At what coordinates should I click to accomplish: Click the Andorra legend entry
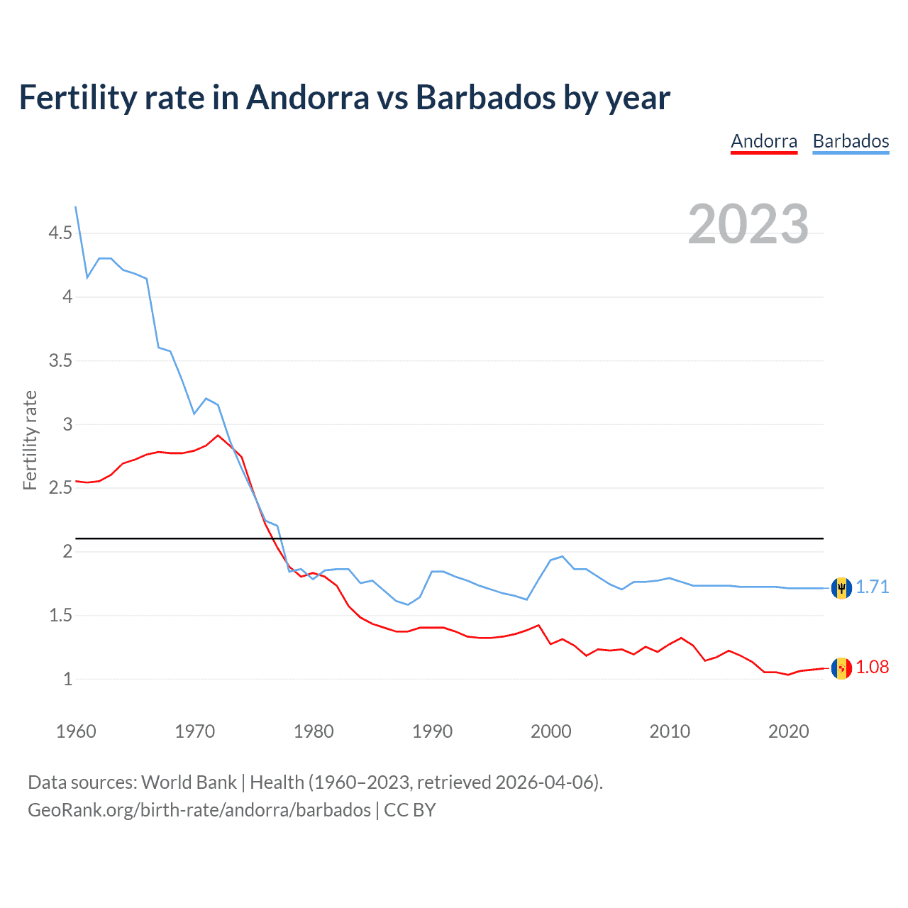[x=764, y=141]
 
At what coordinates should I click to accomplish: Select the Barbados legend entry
[x=851, y=141]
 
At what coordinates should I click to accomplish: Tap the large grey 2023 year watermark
[x=748, y=224]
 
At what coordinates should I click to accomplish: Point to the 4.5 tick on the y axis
[x=60, y=233]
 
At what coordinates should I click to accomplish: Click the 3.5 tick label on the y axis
[x=60, y=361]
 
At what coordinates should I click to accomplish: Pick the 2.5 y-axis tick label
[x=60, y=488]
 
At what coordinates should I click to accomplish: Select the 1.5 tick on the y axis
[x=60, y=616]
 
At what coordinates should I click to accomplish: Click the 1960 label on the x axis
[x=76, y=731]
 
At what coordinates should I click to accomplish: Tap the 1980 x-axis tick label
[x=314, y=731]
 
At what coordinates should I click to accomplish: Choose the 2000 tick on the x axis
[x=550, y=731]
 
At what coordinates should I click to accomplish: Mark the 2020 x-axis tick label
[x=788, y=731]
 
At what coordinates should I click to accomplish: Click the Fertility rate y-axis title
[x=30, y=440]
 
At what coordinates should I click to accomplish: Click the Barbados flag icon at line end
[x=841, y=588]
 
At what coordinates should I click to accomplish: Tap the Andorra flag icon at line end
[x=841, y=668]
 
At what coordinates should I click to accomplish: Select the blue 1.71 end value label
[x=872, y=587]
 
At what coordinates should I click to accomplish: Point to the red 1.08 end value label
[x=872, y=668]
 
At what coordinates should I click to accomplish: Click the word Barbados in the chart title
[x=485, y=98]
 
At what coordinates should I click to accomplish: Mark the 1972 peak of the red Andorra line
[x=218, y=436]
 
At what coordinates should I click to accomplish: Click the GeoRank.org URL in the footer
[x=199, y=810]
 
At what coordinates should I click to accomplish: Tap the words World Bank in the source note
[x=189, y=782]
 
